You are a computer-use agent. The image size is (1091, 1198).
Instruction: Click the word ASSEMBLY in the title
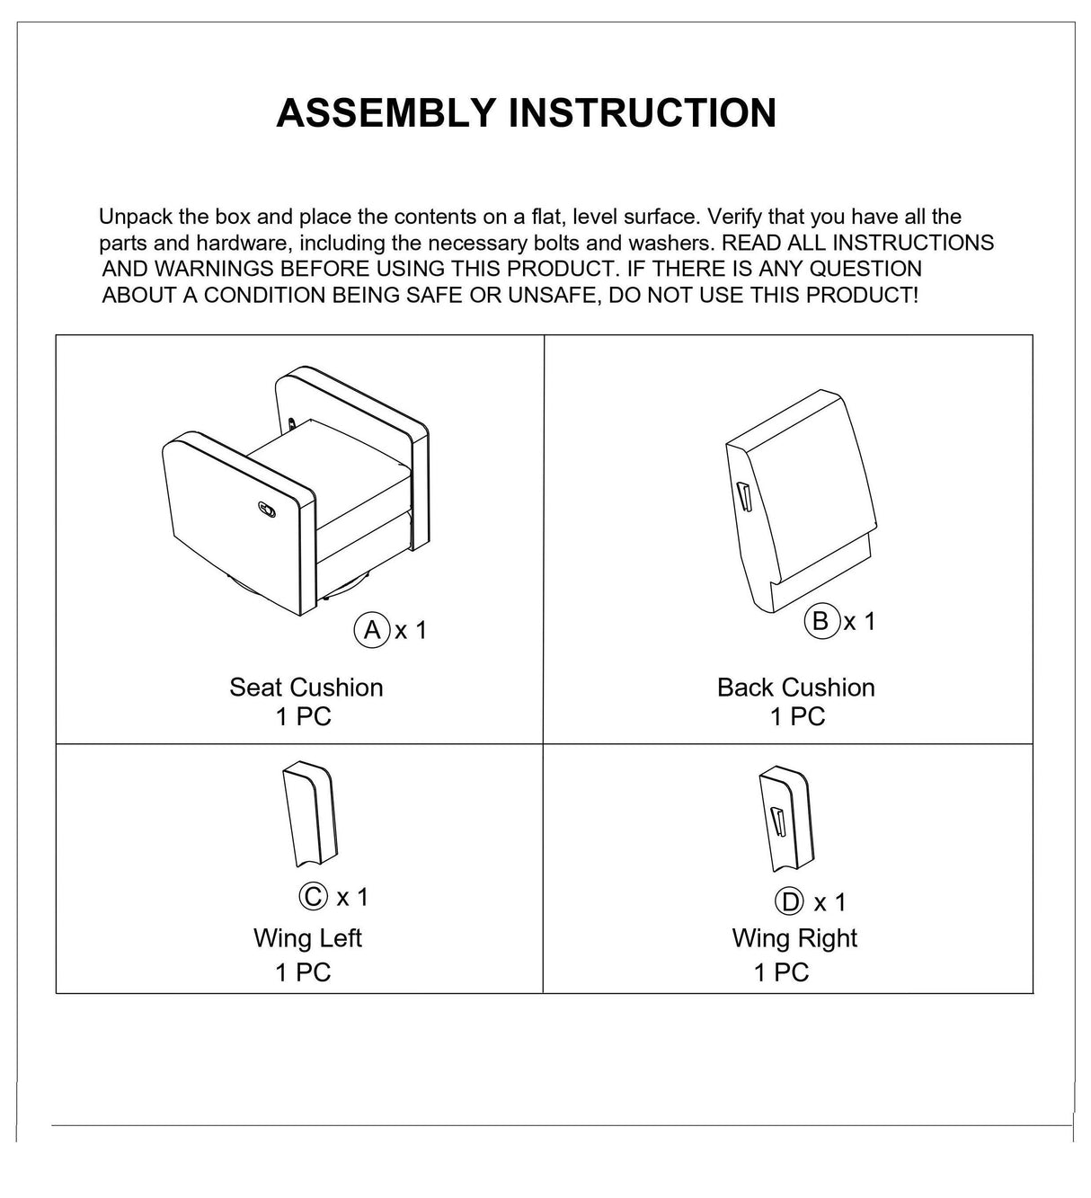[x=386, y=113]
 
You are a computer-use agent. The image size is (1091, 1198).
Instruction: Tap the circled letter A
[x=371, y=629]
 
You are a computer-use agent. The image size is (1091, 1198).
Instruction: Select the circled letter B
[x=820, y=621]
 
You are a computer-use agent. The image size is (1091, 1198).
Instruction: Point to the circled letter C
[x=312, y=896]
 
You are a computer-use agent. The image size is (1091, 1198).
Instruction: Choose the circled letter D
[x=788, y=901]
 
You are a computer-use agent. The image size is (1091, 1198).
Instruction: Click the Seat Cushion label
[x=306, y=688]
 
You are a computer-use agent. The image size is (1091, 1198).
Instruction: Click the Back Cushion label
[x=795, y=688]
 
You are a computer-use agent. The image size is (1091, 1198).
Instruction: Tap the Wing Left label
[x=307, y=938]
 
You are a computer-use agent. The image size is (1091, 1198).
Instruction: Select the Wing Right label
[x=794, y=938]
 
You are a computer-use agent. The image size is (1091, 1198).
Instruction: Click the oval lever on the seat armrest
[x=268, y=509]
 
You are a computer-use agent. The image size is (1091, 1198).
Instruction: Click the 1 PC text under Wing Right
[x=781, y=972]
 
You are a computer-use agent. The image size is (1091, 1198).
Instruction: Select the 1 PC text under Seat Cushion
[x=304, y=716]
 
